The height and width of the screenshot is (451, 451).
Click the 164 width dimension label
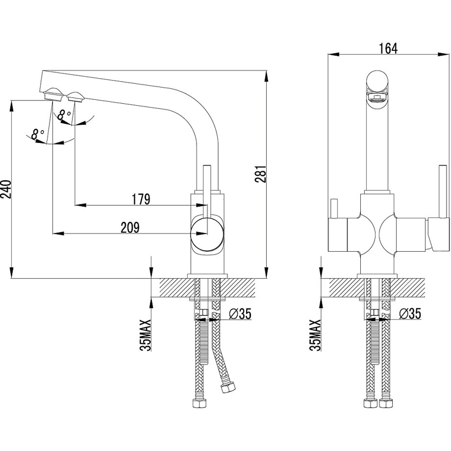pyautogui.click(x=388, y=48)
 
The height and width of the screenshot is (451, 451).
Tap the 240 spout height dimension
pyautogui.click(x=6, y=189)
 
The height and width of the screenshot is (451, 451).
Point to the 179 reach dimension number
pyautogui.click(x=141, y=200)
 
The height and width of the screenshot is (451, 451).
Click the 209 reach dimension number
pyautogui.click(x=130, y=228)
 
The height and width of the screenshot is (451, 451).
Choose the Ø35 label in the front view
pyautogui.click(x=410, y=314)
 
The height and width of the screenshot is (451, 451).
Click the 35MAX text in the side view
pyautogui.click(x=145, y=335)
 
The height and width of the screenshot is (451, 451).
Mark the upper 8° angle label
pyautogui.click(x=64, y=115)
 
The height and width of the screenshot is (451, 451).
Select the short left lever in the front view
pyautogui.click(x=334, y=209)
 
